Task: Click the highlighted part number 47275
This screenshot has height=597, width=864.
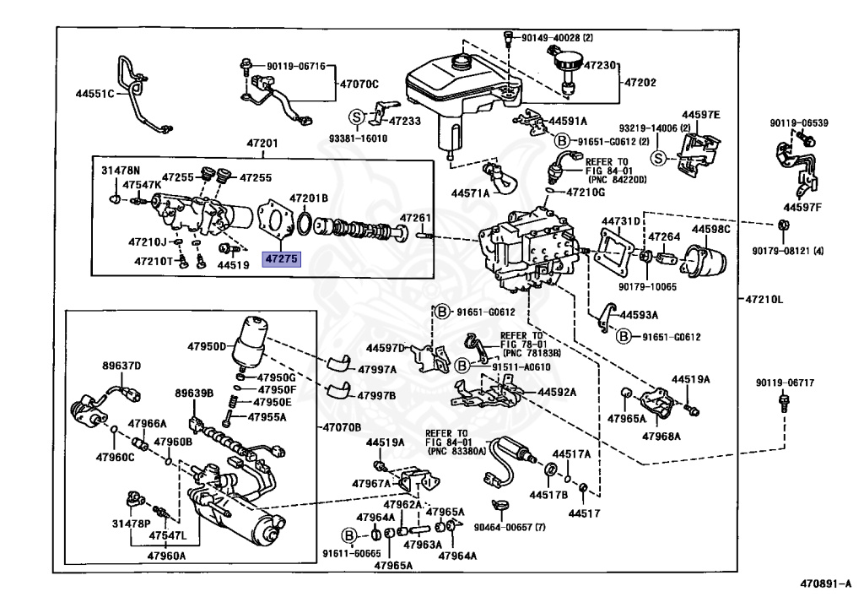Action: (x=282, y=258)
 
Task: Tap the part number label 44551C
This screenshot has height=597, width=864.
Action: (x=94, y=94)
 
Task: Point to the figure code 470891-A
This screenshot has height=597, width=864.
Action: (x=825, y=583)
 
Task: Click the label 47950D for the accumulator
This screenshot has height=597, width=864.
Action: (x=207, y=347)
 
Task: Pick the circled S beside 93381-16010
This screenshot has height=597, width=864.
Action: (x=357, y=117)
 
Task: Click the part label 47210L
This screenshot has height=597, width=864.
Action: (x=764, y=299)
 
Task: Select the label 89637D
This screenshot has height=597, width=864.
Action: (x=121, y=366)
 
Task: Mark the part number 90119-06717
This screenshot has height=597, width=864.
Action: (x=785, y=383)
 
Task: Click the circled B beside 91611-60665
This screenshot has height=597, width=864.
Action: (x=348, y=535)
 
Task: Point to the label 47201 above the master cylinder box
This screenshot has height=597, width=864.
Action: (x=262, y=144)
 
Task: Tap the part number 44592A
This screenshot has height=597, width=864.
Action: (x=557, y=392)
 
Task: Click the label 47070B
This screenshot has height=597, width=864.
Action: (x=342, y=427)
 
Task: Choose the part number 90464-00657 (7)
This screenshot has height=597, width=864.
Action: (x=510, y=527)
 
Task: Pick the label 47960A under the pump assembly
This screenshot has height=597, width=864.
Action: (x=166, y=556)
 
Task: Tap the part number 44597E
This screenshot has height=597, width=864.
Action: (x=701, y=115)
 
